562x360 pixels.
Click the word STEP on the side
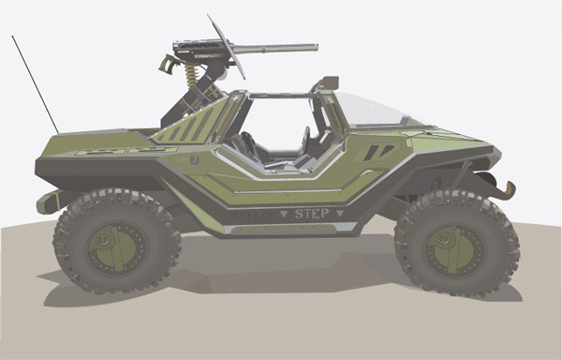pos(312,214)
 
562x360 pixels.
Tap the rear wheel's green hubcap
pos(116,248)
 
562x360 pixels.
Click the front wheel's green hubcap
pos(455,250)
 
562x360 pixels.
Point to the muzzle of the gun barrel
pos(317,47)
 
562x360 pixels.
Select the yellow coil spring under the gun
pos(191,76)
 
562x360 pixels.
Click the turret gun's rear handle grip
pos(167,65)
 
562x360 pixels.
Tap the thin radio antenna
pos(36,84)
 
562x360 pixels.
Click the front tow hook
pos(509,190)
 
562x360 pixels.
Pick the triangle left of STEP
pos(284,214)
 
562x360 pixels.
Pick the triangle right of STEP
pos(340,214)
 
